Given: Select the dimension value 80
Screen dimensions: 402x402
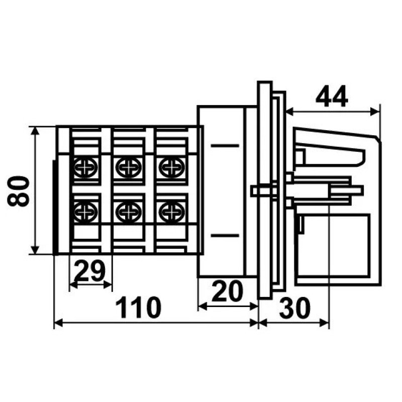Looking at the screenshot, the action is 18,191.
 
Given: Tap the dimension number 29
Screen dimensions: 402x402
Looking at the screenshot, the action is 90,271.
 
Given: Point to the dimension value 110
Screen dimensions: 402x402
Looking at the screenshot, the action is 138,307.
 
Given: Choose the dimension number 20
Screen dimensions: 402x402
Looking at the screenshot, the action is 227,291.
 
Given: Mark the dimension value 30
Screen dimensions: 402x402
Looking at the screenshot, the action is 294,308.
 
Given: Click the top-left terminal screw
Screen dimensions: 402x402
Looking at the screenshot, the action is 85,167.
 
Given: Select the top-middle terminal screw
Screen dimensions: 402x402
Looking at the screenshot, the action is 128,167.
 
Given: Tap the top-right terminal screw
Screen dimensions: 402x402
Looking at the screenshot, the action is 171,167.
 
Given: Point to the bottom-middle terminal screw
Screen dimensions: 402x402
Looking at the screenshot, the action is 128,211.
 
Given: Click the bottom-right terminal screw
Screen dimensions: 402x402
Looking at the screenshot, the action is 171,211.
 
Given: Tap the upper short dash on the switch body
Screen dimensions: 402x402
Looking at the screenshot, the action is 225,146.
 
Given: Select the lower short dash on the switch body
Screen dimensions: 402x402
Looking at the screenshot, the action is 225,235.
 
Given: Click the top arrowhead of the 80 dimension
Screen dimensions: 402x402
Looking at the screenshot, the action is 35,130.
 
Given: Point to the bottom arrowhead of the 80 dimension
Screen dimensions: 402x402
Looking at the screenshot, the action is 35,250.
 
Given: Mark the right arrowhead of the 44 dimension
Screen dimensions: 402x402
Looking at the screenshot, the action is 375,112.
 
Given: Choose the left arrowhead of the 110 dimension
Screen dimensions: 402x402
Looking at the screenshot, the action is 59,323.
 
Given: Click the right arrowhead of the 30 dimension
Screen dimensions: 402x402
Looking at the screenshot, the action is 324,323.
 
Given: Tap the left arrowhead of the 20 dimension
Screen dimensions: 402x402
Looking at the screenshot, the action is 203,306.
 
